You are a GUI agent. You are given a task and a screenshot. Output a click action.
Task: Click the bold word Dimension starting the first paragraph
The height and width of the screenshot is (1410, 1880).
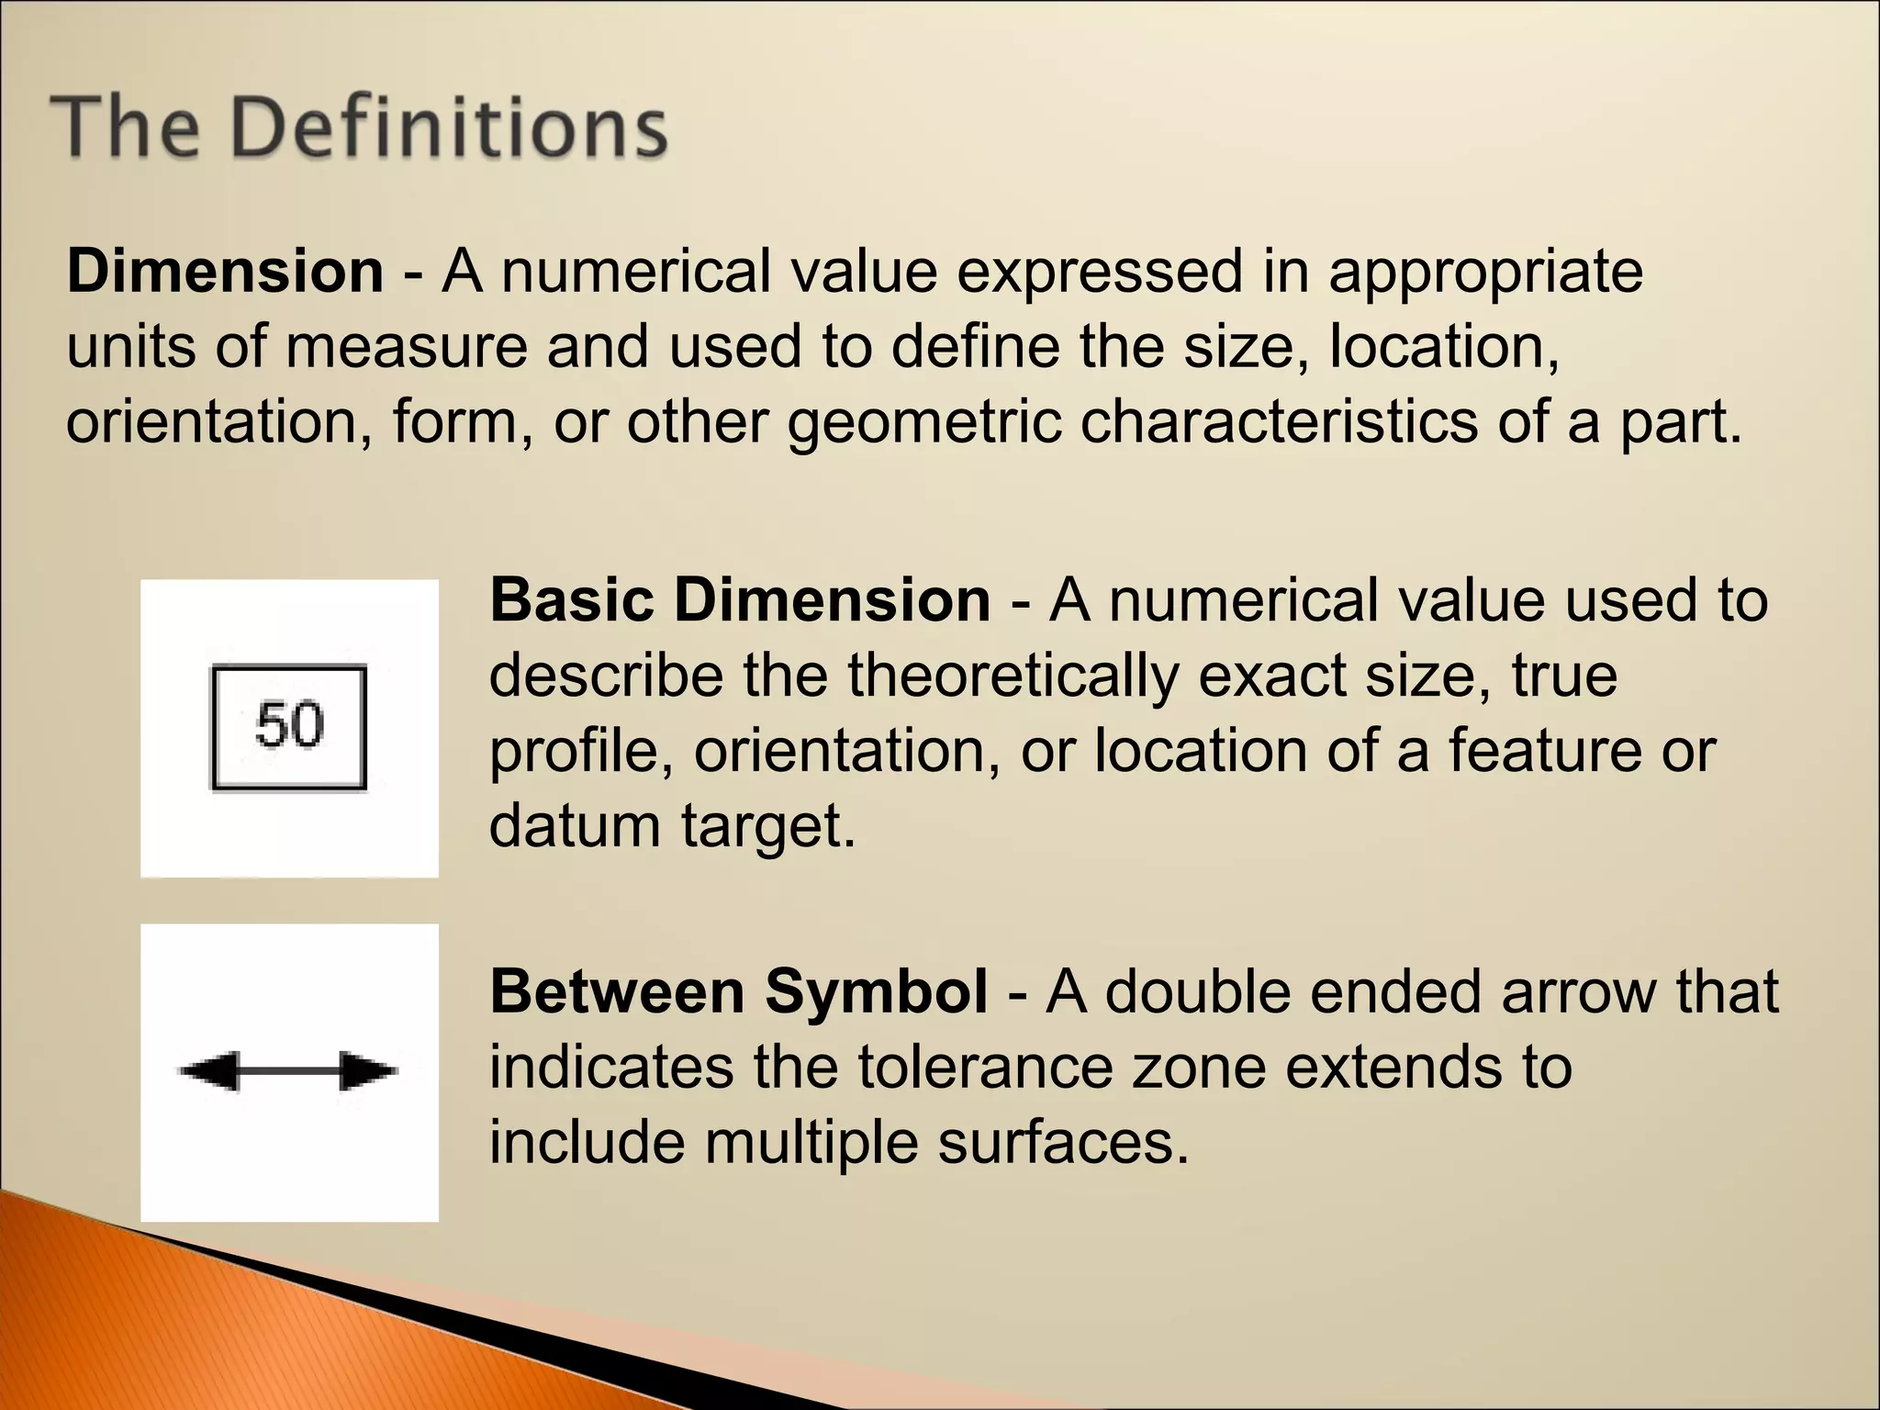click(225, 272)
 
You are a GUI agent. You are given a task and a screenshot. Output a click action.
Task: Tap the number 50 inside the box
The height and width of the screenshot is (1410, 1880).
click(289, 724)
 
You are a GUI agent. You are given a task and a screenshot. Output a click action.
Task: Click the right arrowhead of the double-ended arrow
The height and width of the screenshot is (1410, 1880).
click(367, 1071)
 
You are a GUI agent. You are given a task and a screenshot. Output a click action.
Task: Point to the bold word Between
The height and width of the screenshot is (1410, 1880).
click(617, 992)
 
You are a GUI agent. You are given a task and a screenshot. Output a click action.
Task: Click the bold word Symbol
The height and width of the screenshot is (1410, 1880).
click(877, 992)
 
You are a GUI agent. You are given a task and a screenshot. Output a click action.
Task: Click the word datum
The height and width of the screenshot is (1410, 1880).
click(575, 826)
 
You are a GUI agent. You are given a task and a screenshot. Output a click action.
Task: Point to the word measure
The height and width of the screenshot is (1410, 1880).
click(406, 348)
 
